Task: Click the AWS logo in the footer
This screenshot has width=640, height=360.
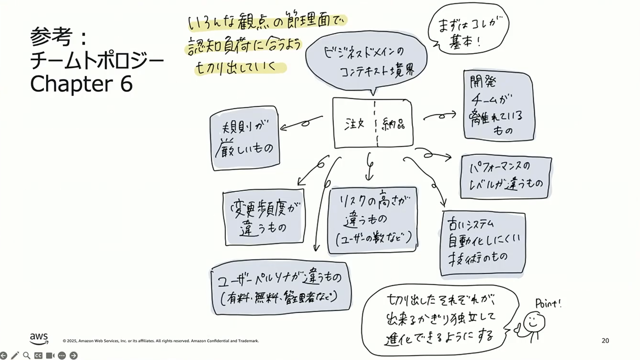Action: coord(39,338)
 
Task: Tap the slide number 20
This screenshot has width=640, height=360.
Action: coord(605,341)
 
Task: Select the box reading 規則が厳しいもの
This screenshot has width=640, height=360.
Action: coord(245,139)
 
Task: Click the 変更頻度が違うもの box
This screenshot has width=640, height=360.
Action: coord(264,217)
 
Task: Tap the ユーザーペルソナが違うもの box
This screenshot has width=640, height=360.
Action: coord(281,287)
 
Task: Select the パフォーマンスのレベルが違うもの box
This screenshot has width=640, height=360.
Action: coord(505,177)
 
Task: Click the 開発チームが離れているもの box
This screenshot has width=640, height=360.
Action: coord(499,106)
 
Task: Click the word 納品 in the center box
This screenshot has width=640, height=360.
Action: coord(393,125)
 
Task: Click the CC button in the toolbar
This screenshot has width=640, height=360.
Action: coord(38,356)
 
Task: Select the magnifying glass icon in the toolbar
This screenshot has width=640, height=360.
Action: coord(27,356)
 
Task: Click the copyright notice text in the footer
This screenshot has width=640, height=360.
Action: coord(160,341)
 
